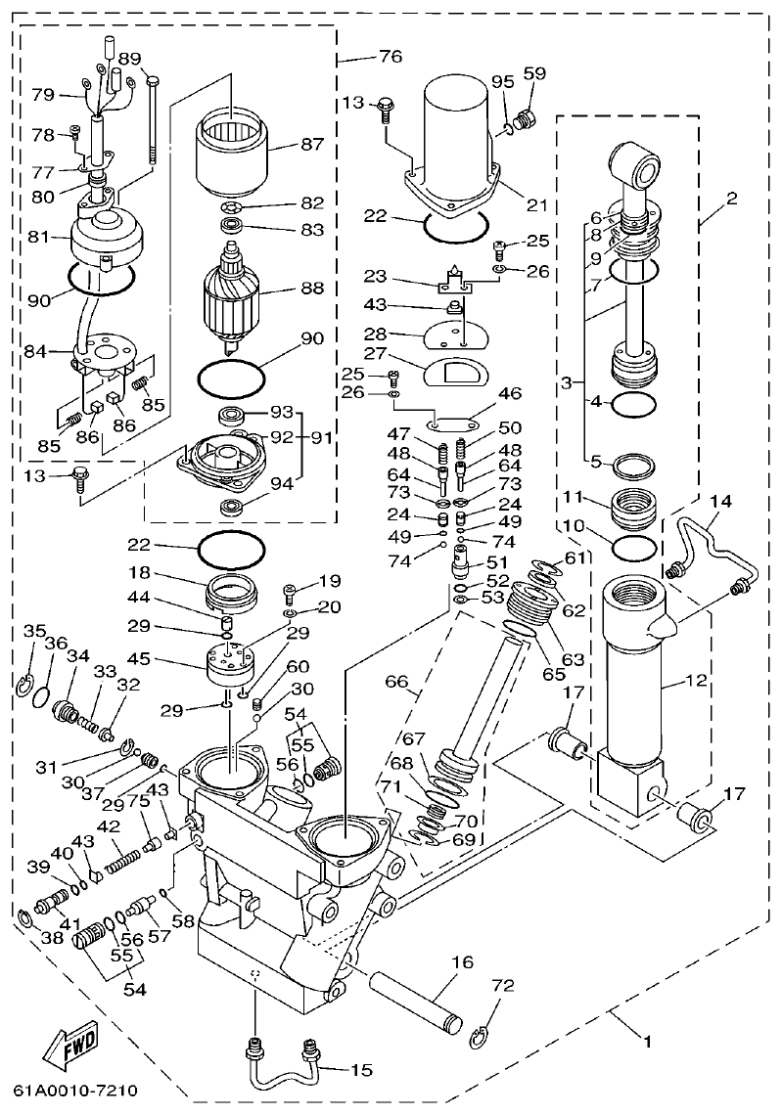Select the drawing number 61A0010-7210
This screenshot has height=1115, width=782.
pyautogui.click(x=75, y=1090)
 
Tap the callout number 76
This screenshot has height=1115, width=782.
pyautogui.click(x=390, y=57)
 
